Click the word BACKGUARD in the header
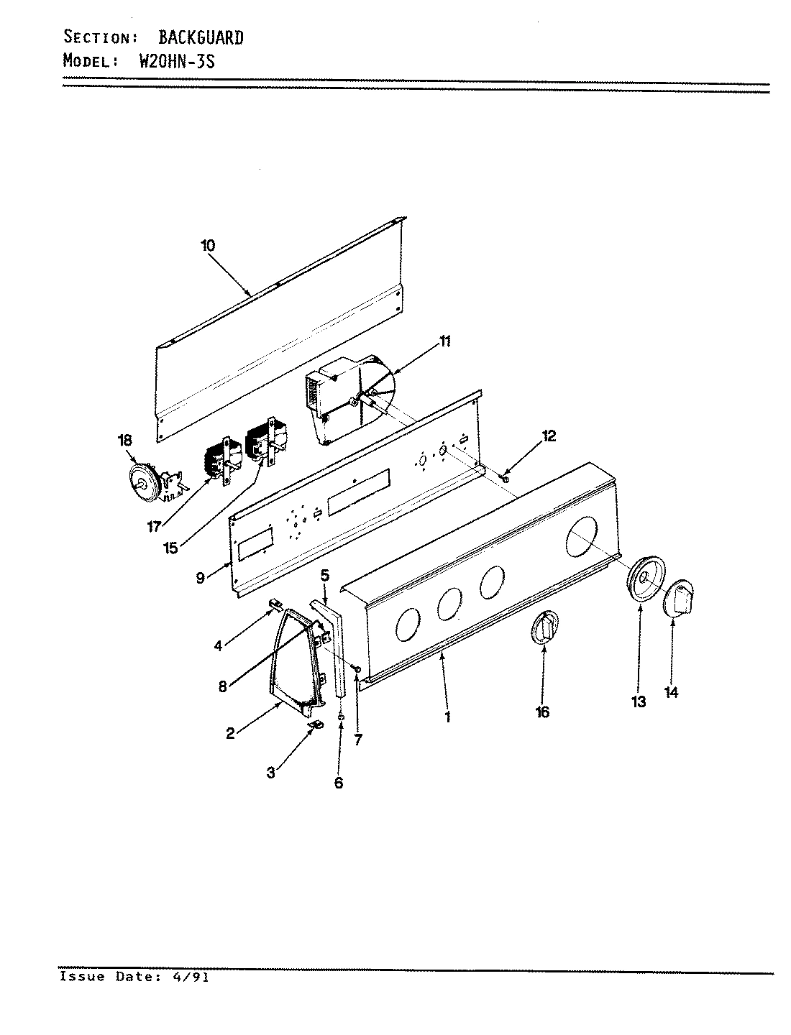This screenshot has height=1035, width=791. (x=201, y=37)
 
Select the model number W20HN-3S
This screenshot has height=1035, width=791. (x=175, y=60)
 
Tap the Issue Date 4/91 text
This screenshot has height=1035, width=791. (x=134, y=977)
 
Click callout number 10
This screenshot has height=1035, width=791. (x=208, y=245)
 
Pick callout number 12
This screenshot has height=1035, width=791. (x=549, y=436)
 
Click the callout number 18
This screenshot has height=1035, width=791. (x=125, y=440)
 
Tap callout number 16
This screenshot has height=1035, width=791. (x=542, y=712)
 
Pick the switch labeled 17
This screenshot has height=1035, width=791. (x=220, y=461)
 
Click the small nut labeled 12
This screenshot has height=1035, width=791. (x=506, y=478)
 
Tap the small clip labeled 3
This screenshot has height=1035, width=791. (x=315, y=727)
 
